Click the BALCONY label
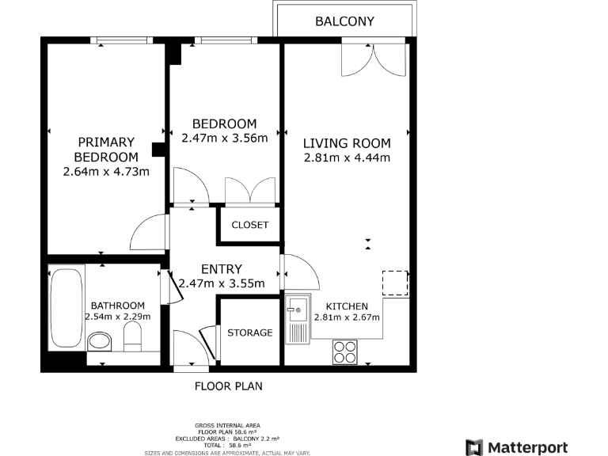click(x=344, y=21)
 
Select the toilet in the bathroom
click(x=133, y=341)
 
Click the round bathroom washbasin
click(x=100, y=342)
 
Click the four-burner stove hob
click(x=345, y=351)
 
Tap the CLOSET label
click(x=249, y=225)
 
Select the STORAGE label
click(x=249, y=332)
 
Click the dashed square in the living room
click(x=394, y=283)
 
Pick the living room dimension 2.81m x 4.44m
click(x=347, y=158)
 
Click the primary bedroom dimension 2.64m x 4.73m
click(x=106, y=171)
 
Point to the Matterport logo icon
click(x=474, y=447)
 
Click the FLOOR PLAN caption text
click(x=229, y=386)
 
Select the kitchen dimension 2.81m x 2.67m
click(x=347, y=317)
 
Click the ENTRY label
click(x=222, y=269)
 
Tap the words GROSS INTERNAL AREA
click(x=227, y=425)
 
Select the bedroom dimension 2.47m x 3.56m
click(x=225, y=138)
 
